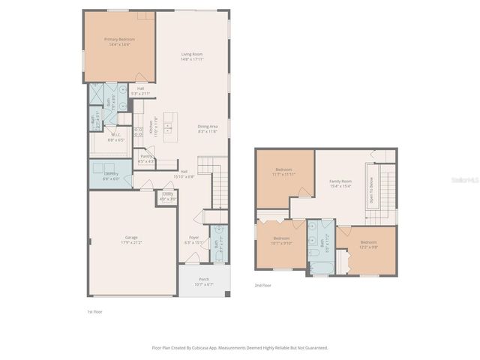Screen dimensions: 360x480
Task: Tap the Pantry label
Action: (145, 158)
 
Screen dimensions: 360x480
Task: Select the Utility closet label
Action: (168, 196)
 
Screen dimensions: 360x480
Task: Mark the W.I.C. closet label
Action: (116, 137)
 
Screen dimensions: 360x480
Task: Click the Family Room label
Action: (340, 184)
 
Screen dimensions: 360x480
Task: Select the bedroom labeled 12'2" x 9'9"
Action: (368, 244)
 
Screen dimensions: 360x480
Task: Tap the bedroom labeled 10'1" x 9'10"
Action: (281, 240)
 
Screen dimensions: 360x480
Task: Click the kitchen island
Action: (170, 126)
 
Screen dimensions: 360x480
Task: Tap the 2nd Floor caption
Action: (262, 286)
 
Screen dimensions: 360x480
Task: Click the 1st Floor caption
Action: (95, 310)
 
